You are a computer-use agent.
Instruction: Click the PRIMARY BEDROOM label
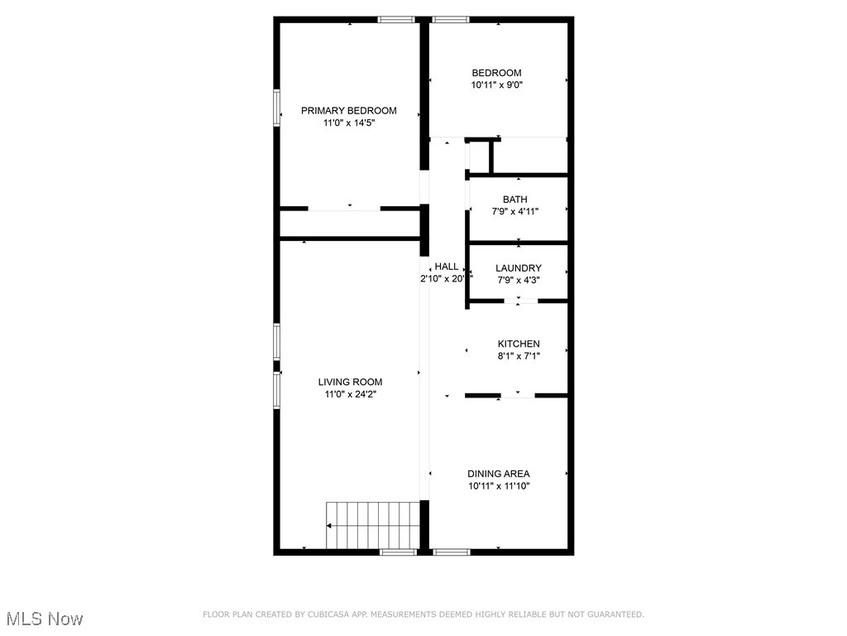click(348, 110)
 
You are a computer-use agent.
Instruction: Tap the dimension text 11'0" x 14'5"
click(348, 123)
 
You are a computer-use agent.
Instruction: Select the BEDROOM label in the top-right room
click(496, 73)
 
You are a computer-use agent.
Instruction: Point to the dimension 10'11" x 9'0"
click(496, 84)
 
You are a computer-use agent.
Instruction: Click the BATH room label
click(514, 200)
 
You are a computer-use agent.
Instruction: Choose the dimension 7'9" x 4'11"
click(514, 212)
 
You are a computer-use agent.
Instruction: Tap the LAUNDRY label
click(518, 268)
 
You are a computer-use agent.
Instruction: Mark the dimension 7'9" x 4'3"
click(518, 280)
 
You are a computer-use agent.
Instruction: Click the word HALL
click(447, 267)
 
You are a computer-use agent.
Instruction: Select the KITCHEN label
click(518, 344)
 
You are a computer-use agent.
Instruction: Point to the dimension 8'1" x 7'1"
click(518, 356)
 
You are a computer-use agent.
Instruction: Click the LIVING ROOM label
click(350, 382)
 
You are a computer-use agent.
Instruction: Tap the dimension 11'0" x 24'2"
click(350, 394)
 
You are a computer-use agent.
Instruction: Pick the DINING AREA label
click(498, 474)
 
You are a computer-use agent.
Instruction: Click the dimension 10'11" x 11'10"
click(498, 486)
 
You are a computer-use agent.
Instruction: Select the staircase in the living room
click(372, 525)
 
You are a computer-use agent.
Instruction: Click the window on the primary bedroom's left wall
click(277, 108)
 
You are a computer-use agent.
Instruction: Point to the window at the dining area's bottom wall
click(451, 552)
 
